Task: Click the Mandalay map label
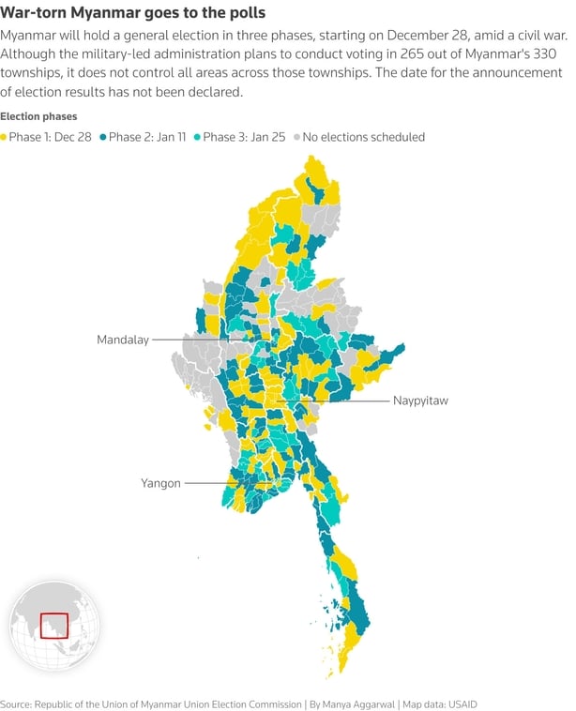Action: click(x=123, y=340)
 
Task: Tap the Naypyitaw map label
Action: click(x=421, y=401)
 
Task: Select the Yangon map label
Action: click(x=160, y=483)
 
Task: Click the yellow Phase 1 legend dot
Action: click(x=4, y=137)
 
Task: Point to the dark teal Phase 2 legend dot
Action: click(x=102, y=137)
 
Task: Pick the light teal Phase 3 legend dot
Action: click(x=197, y=137)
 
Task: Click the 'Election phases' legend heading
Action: click(x=38, y=116)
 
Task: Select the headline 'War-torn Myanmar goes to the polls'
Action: click(x=132, y=13)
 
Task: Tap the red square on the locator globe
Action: click(x=53, y=625)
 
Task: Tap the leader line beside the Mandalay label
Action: click(x=188, y=340)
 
